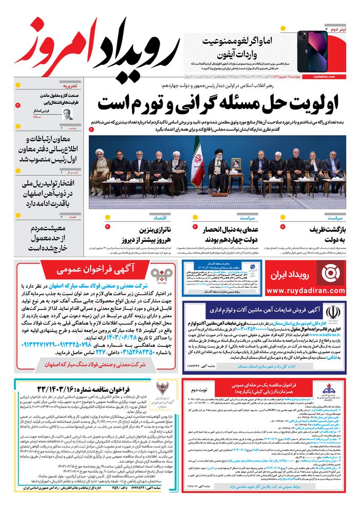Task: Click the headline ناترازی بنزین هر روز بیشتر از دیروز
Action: (x=135, y=234)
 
